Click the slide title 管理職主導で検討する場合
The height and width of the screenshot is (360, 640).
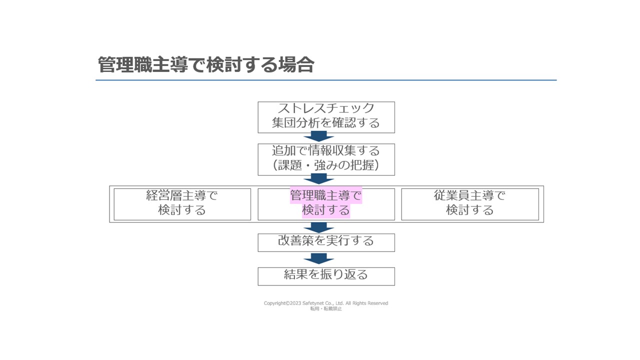pos(206,64)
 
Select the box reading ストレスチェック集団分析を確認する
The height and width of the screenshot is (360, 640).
pos(326,117)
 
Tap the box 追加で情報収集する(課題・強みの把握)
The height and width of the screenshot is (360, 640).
pos(326,159)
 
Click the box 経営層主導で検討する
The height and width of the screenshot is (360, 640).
pos(182,204)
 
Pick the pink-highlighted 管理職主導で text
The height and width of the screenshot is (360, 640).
pos(326,195)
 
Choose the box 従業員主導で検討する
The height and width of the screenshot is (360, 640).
pos(470,204)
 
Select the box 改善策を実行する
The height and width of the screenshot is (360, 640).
pos(326,242)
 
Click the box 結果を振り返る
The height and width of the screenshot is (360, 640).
pos(326,276)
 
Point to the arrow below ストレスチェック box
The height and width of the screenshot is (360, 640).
pos(318,136)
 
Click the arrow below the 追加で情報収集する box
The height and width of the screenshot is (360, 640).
pos(318,179)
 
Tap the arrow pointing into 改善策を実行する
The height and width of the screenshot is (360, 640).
pos(318,227)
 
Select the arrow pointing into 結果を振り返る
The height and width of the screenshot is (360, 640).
pos(318,258)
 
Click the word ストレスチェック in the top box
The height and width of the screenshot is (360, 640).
pos(326,108)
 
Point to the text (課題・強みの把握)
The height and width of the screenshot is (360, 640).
pos(326,165)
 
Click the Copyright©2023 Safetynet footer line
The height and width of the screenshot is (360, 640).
pos(325,303)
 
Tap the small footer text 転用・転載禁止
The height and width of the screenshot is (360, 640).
pos(326,308)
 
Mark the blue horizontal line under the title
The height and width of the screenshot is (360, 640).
pos(326,80)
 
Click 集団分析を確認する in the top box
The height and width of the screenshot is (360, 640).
pos(326,123)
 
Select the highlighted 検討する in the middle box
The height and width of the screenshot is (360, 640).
pos(326,210)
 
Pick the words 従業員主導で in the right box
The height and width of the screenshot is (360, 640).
pos(469,195)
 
